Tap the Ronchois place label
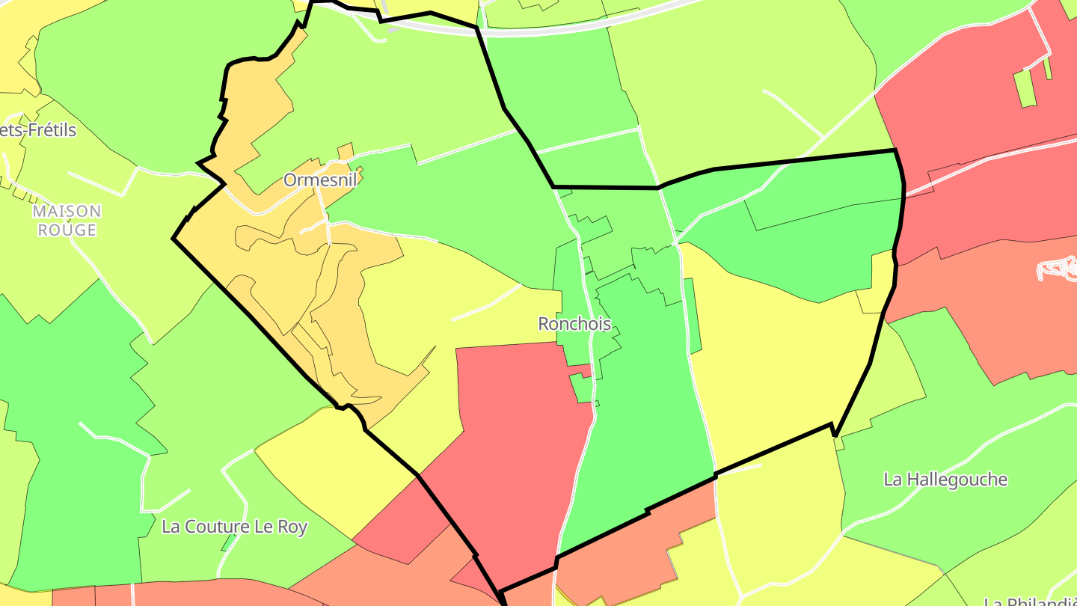[x=574, y=324]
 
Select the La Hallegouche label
[x=945, y=480]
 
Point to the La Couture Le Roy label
[x=234, y=527]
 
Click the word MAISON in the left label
[x=67, y=212]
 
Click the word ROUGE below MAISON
[x=67, y=230]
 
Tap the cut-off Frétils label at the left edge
[x=37, y=130]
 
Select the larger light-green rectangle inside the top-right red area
[x=1025, y=88]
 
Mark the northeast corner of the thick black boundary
[x=895, y=151]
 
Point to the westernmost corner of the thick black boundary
[x=174, y=239]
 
